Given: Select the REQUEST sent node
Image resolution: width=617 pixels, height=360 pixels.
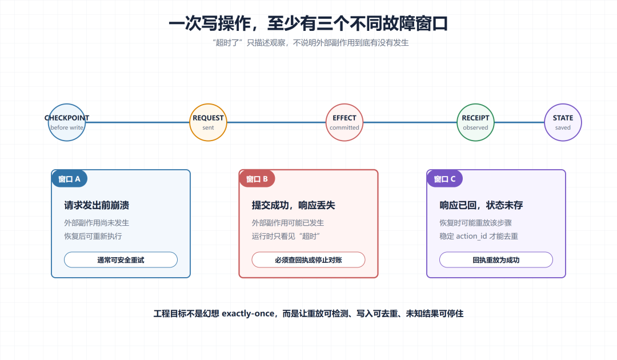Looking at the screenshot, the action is tap(208, 122).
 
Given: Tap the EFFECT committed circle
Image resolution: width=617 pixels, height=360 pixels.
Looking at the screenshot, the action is tap(344, 122).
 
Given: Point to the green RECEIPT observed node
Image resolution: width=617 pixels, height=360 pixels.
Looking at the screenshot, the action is tap(475, 122).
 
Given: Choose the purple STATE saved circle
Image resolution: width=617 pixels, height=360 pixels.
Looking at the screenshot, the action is tap(563, 122).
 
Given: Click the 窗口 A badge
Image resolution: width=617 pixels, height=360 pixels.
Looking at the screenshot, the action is tap(69, 179).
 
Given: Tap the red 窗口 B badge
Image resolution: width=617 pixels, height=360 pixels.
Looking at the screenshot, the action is tap(257, 179).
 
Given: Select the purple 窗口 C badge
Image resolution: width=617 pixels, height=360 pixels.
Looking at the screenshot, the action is tap(444, 179).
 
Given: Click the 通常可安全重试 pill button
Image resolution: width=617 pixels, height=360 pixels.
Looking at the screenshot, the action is tap(121, 259).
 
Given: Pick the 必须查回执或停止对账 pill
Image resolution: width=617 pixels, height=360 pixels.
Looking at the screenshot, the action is tap(308, 259).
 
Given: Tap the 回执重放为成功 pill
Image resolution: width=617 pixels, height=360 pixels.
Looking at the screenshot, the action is tap(496, 259).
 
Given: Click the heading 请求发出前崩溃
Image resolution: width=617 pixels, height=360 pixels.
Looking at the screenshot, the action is tap(97, 205).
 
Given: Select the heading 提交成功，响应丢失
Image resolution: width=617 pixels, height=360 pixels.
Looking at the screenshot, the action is tap(294, 205).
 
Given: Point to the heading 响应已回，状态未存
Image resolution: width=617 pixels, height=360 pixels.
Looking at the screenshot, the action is tap(481, 205).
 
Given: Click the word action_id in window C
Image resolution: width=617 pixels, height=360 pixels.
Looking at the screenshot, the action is tap(471, 236).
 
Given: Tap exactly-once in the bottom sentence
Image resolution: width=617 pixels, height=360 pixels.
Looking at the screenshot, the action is tap(248, 314).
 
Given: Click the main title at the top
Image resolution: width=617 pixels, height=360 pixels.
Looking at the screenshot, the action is tap(308, 23).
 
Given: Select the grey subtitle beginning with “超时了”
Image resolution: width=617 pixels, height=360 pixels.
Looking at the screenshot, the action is tap(310, 42).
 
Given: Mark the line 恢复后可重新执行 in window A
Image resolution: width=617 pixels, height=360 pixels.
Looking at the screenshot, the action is tap(93, 236).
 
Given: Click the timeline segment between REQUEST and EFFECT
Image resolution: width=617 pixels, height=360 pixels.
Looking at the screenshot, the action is tap(277, 122).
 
